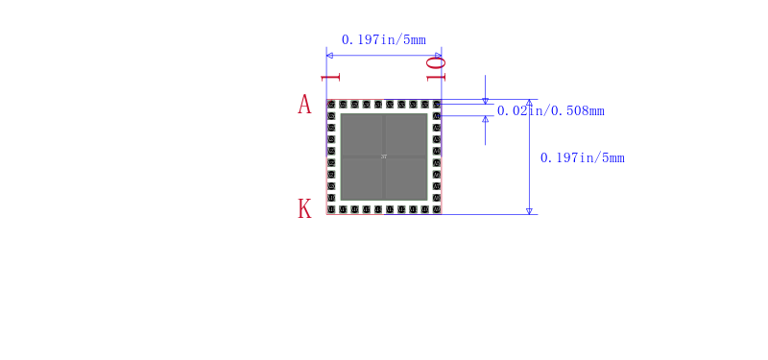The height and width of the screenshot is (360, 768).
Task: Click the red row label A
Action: pyautogui.click(x=304, y=105)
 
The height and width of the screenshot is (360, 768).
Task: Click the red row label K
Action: pyautogui.click(x=304, y=209)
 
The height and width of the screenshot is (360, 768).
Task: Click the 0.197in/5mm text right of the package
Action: pyautogui.click(x=582, y=157)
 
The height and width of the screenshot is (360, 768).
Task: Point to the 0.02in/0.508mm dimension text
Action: pyautogui.click(x=550, y=110)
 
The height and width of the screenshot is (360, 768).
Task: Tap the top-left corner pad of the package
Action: pyautogui.click(x=331, y=104)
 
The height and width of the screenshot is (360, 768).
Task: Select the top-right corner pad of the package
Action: pyautogui.click(x=437, y=104)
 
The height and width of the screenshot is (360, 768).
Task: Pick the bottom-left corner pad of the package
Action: pyautogui.click(x=331, y=209)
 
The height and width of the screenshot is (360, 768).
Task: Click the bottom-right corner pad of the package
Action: pyautogui.click(x=437, y=209)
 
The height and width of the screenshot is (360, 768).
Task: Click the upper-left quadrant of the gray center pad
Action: pyautogui.click(x=362, y=134)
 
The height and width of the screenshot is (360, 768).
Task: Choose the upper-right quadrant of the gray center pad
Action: pyautogui.click(x=406, y=134)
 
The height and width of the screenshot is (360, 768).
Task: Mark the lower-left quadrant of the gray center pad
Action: pyautogui.click(x=362, y=179)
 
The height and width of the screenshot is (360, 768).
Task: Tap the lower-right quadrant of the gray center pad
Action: pyautogui.click(x=406, y=179)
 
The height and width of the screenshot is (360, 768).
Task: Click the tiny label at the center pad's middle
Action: pyautogui.click(x=384, y=156)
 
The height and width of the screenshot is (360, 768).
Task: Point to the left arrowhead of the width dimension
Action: pyautogui.click(x=330, y=56)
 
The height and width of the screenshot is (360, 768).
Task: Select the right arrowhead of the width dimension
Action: pyautogui.click(x=438, y=56)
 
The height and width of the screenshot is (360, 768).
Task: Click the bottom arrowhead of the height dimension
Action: pyautogui.click(x=529, y=210)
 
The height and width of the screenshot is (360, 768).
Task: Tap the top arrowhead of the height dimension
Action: pyautogui.click(x=529, y=103)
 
